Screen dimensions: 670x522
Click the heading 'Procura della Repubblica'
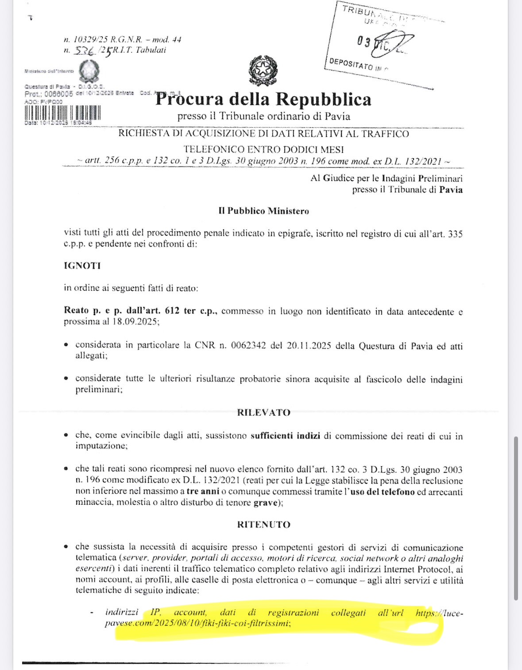coord(263,99)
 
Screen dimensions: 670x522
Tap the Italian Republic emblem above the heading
coord(263,70)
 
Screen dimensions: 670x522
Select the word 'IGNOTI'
coord(82,266)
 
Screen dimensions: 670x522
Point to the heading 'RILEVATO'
coord(263,413)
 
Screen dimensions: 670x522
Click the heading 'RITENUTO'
coord(263,525)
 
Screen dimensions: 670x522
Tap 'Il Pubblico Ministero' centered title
coord(263,211)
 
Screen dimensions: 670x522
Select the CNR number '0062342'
coord(248,346)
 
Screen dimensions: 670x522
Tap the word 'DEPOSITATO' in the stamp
coord(351,63)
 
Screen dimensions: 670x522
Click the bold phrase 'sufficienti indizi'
coord(285,436)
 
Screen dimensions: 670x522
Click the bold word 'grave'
coord(265,502)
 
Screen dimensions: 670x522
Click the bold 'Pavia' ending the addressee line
coord(451,190)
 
